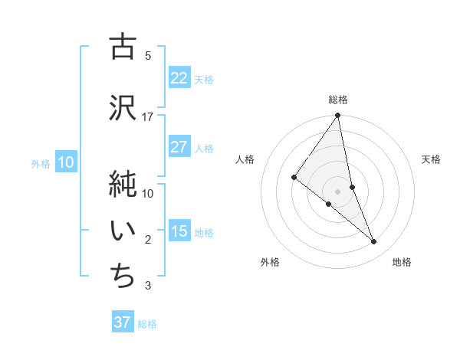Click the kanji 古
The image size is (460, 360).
[x=122, y=47]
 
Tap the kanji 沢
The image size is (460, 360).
[x=122, y=107]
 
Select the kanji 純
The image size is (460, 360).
[x=122, y=184]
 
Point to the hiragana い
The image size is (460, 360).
[x=122, y=231]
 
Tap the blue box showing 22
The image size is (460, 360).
[x=179, y=78]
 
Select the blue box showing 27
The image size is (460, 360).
[x=179, y=147]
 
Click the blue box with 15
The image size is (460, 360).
[x=179, y=232]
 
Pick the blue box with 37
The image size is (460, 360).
[x=123, y=322]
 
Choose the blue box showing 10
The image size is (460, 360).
[x=66, y=162]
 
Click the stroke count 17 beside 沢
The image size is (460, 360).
[x=148, y=116]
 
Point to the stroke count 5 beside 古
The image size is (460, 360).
[x=148, y=55]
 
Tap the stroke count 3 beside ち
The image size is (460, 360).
[x=148, y=286]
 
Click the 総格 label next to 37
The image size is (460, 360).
[x=147, y=324]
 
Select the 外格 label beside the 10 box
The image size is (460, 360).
[x=41, y=163]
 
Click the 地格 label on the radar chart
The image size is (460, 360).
[x=402, y=262]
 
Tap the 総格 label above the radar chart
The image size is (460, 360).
[x=338, y=100]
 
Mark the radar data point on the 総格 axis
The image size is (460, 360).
[x=338, y=116]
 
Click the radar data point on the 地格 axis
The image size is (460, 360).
[x=374, y=242]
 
